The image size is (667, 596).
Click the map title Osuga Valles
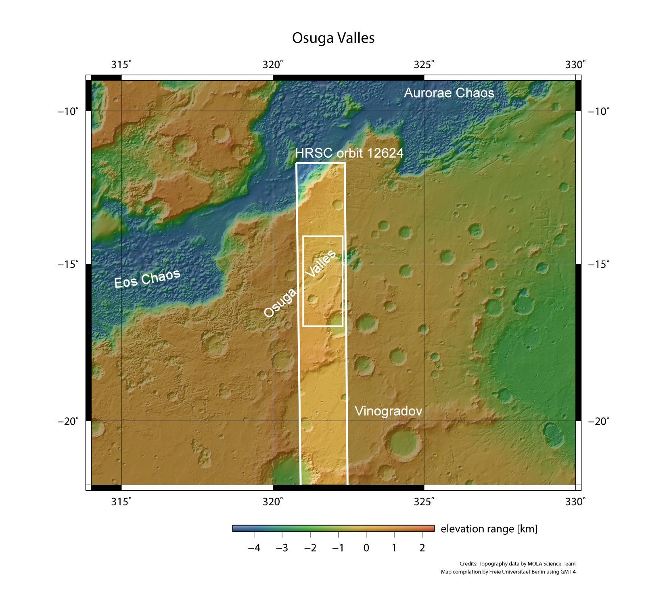[x=333, y=38]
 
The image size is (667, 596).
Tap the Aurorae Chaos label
[x=449, y=93]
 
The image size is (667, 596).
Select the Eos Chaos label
[x=147, y=279]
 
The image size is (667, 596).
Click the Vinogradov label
[x=388, y=411]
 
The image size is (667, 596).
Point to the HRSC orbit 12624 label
[x=349, y=153]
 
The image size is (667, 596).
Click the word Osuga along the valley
[x=280, y=302]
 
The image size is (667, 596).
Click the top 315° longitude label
[x=121, y=65]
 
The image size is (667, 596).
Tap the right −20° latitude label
[x=599, y=421]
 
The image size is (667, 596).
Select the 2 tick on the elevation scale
[x=422, y=548]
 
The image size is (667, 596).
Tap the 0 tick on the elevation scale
[x=366, y=548]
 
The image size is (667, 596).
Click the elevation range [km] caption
[x=489, y=529]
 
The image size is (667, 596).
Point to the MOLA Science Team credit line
[x=517, y=564]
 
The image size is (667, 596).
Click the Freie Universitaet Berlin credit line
[x=508, y=572]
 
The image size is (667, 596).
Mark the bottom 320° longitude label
[x=273, y=502]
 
